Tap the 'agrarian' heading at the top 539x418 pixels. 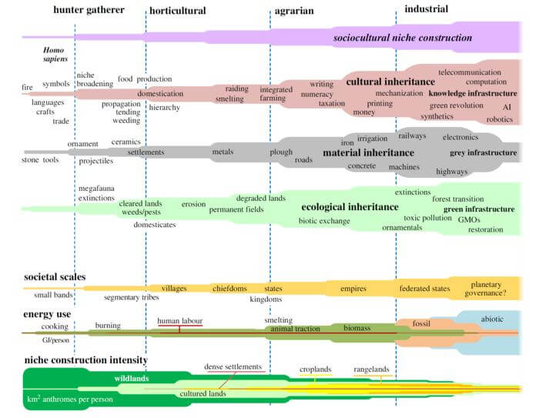[x=293, y=11]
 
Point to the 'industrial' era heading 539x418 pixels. [x=427, y=10]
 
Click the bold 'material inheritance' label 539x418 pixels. [x=368, y=152]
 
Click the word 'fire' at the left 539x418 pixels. [x=27, y=89]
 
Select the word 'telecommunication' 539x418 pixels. [x=470, y=72]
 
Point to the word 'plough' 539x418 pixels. [x=281, y=152]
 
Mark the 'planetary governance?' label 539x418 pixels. [x=487, y=288]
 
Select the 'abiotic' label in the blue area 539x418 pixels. [x=492, y=317]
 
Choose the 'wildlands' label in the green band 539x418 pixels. [x=132, y=379]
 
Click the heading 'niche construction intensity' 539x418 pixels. [x=85, y=360]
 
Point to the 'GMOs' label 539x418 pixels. [x=469, y=219]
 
